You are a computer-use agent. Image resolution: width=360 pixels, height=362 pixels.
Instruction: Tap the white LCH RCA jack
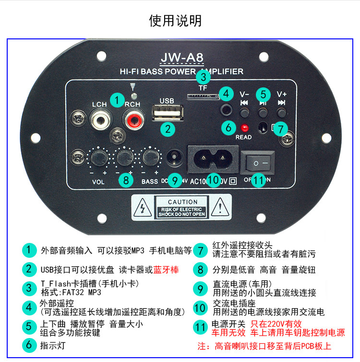click(x=100, y=118)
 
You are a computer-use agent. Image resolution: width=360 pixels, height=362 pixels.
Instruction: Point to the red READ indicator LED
click(x=245, y=128)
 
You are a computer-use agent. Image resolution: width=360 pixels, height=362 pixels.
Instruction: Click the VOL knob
click(x=98, y=157)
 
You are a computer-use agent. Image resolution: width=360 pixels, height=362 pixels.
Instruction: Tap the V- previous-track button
click(x=244, y=112)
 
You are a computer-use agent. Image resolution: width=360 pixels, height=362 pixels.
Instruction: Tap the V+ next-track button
click(x=281, y=112)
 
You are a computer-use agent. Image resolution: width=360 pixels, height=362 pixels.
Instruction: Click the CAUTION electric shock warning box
click(x=182, y=208)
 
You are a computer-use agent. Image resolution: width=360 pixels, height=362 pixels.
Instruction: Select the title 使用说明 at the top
click(x=175, y=21)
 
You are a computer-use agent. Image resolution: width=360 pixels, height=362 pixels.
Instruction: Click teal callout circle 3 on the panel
click(x=204, y=77)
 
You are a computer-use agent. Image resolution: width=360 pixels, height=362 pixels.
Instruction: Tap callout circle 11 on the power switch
click(x=259, y=180)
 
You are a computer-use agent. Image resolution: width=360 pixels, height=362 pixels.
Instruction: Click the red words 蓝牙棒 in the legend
click(x=166, y=270)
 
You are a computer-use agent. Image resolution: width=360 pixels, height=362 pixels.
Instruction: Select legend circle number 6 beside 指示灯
click(x=29, y=345)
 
